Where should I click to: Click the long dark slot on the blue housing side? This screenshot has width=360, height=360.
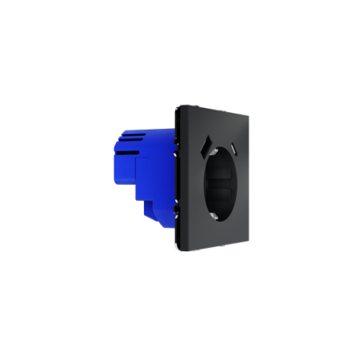[x=131, y=181]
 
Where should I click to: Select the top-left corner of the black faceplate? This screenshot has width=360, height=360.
[x=178, y=105]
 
